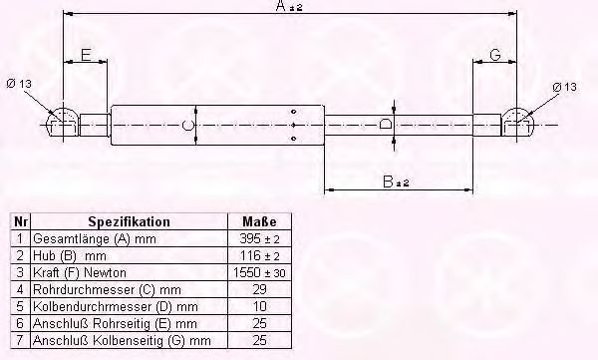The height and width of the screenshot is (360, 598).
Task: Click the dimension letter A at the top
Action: coord(281,5)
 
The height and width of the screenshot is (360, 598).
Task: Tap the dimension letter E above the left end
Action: coord(86,55)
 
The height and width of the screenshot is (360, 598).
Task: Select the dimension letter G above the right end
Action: coord(494,55)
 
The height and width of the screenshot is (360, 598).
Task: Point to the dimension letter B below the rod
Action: coord(388,181)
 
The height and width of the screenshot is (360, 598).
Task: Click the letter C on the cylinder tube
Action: coord(187,125)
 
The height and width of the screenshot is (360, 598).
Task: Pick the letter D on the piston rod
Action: coord(386,124)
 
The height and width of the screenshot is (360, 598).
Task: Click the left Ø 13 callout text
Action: coord(19,83)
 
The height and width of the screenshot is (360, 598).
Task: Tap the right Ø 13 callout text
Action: coord(564,87)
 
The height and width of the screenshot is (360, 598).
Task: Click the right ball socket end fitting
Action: coord(516,123)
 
